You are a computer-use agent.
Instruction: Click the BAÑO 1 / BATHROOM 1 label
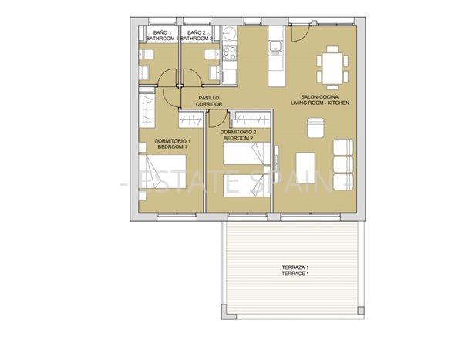[162, 35]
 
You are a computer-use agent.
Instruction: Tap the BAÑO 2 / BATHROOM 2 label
[196, 35]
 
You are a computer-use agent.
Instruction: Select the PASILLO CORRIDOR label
[209, 101]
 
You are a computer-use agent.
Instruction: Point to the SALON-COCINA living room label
[320, 100]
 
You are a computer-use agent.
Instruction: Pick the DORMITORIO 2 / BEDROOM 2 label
[238, 135]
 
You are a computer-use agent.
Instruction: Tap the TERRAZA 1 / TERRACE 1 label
[295, 271]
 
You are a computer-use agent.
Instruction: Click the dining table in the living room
[332, 69]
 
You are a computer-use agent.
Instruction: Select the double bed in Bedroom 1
[162, 172]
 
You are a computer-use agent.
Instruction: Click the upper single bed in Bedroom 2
[247, 153]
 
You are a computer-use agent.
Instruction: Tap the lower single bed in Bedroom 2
[247, 186]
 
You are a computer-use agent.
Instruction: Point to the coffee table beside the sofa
[305, 168]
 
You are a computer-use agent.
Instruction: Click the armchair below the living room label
[315, 128]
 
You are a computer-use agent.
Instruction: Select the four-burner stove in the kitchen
[230, 53]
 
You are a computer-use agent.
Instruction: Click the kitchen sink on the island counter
[276, 47]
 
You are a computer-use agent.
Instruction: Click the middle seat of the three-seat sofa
[343, 164]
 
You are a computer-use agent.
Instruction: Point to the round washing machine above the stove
[230, 33]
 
